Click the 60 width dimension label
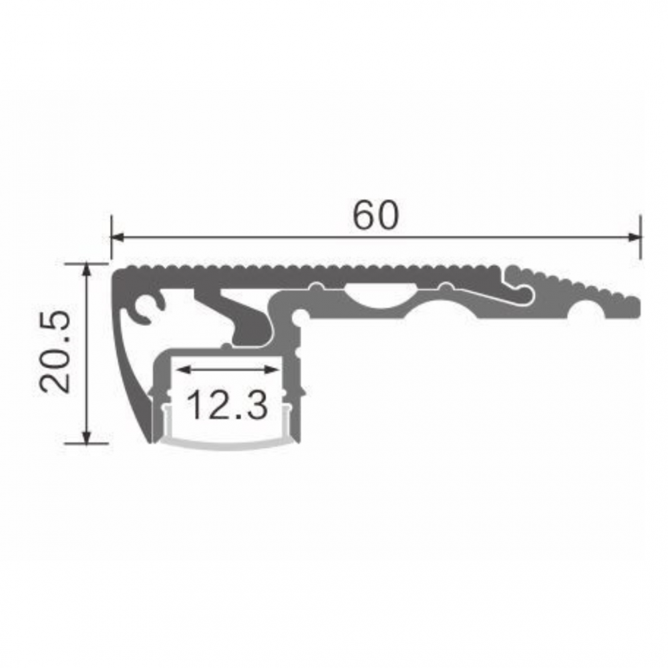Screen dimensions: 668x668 click(375, 216)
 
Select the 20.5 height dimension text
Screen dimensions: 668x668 click(55, 352)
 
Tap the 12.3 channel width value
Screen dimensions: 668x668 click(228, 405)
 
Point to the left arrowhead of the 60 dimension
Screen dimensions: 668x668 click(118, 237)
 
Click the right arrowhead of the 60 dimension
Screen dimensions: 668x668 click(635, 237)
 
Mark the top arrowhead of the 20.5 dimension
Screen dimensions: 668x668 click(86, 270)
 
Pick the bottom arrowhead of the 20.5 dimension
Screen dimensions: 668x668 click(86, 437)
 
